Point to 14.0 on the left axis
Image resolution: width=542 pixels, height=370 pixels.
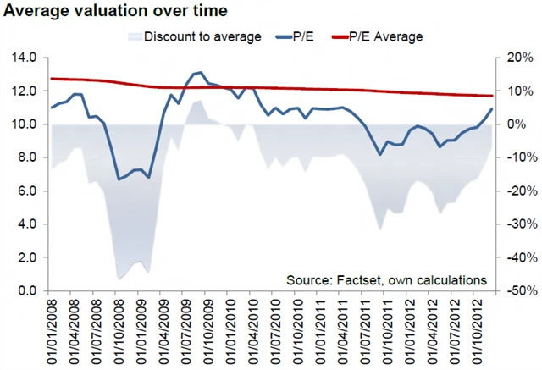24,58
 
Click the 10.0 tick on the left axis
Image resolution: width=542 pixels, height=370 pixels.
24,124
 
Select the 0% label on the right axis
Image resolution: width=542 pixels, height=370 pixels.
519,124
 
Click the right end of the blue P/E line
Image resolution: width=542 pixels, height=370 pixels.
491,108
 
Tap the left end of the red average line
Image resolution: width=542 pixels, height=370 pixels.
52,79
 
